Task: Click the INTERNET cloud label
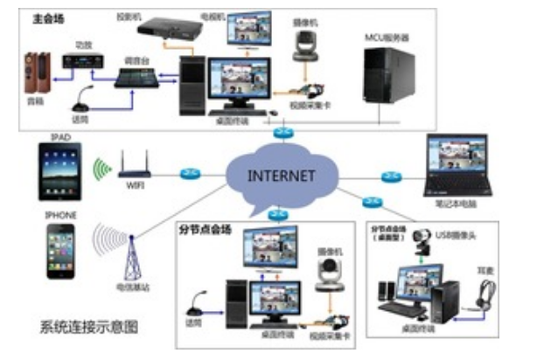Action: [x=282, y=174]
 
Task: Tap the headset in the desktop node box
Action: [x=479, y=297]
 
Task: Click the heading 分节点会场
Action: [x=203, y=230]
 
